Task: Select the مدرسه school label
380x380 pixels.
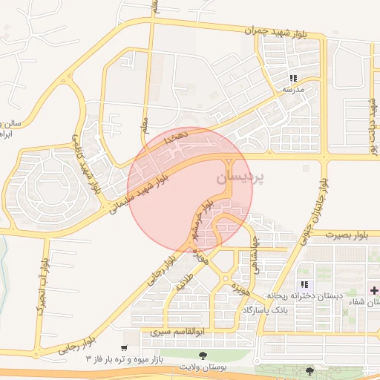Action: (x=292, y=89)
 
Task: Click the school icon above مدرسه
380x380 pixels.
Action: (x=294, y=77)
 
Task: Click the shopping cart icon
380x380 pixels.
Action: (x=124, y=347)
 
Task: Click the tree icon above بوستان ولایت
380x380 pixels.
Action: (x=203, y=356)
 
